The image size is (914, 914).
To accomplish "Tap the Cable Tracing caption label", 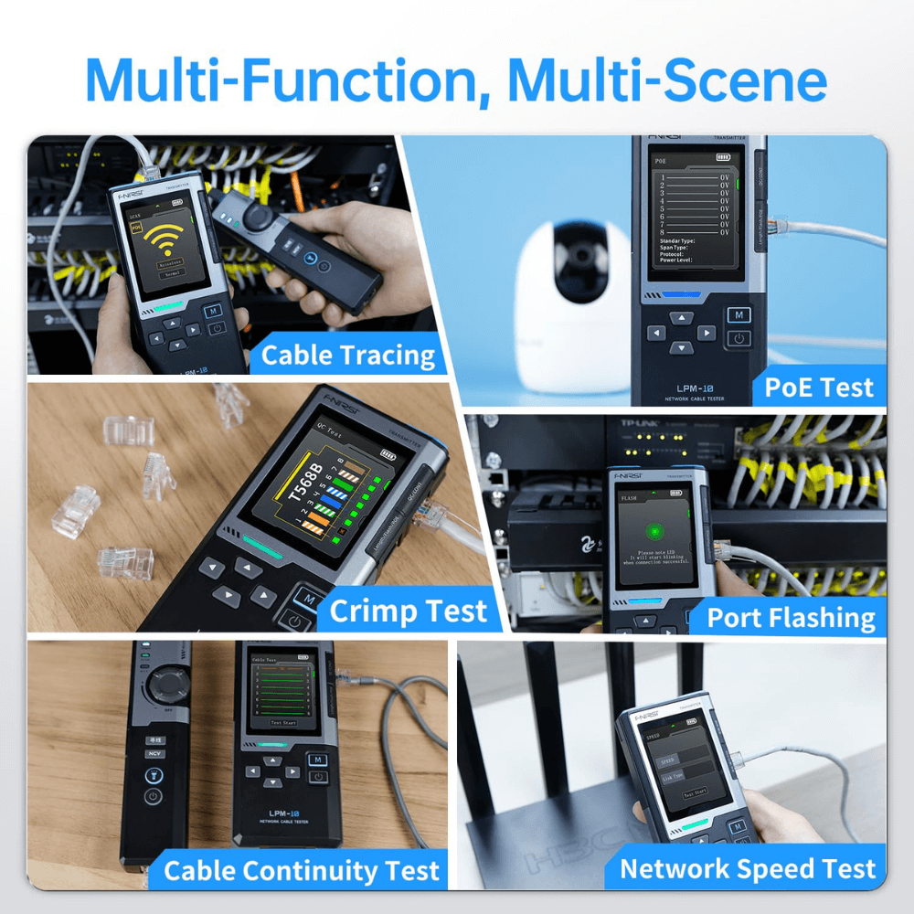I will pos(348,355).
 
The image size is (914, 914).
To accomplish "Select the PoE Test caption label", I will pos(819,388).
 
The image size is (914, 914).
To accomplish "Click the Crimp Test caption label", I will pos(409,611).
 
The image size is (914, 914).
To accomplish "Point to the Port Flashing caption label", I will pos(791,619).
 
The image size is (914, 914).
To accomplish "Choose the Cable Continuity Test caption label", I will pos(302,870).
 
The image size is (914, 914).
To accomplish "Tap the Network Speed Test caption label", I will pos(748,868).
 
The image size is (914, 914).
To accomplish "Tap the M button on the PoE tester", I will pos(739,316).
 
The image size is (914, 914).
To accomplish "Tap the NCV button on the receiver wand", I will pos(154,754).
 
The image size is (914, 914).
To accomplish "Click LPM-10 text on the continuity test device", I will pos(282,813).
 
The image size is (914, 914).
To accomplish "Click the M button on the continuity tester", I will pos(316,760).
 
